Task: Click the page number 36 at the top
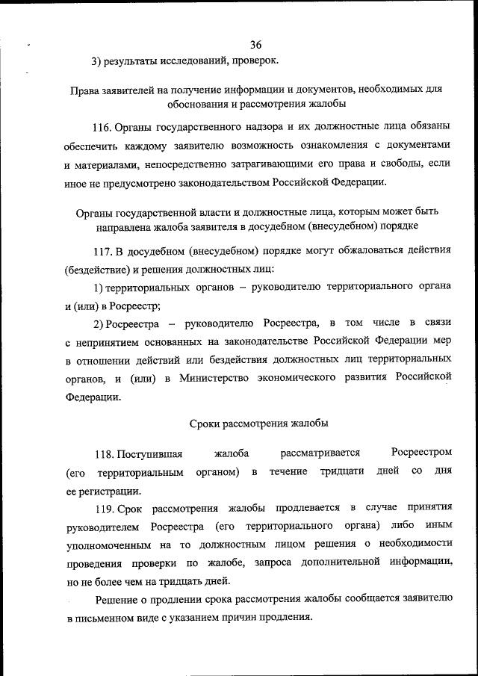(x=256, y=45)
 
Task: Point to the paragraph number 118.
(x=104, y=453)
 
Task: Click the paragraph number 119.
(x=104, y=508)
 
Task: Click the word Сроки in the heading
(x=203, y=424)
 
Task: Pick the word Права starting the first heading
(x=85, y=90)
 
